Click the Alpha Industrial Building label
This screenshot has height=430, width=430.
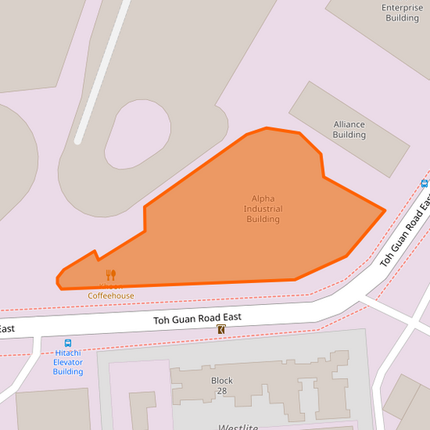pos(263,209)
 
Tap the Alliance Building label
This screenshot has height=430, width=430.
pos(349,130)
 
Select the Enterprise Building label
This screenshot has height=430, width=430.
pos(402,12)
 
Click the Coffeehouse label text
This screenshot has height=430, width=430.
pos(111,296)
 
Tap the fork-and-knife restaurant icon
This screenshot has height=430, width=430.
pos(111,275)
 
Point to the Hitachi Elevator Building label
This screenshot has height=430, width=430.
pos(68,362)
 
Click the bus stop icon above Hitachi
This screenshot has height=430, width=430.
pos(68,343)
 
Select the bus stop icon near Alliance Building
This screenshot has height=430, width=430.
pos(424,184)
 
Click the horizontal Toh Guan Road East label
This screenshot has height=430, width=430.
pos(198,319)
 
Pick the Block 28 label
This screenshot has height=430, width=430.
pos(222,386)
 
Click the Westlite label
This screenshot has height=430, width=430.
pos(237,427)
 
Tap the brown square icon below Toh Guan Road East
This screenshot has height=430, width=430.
pos(221,330)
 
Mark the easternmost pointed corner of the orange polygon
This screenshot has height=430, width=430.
pos(385,211)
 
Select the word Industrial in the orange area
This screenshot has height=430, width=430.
pos(263,209)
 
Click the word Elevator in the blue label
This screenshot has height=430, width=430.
pos(68,362)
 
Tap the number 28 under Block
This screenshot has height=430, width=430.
pos(222,391)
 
